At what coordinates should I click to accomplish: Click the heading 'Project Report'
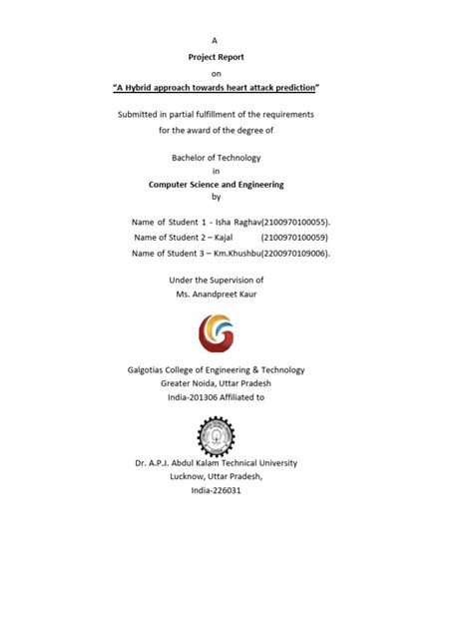(216, 57)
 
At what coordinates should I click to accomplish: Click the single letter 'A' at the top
(214, 39)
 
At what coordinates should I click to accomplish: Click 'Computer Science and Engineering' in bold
(216, 184)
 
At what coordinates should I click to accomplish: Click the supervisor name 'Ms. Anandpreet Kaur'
(216, 297)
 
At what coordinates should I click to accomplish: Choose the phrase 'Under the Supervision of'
(216, 281)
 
